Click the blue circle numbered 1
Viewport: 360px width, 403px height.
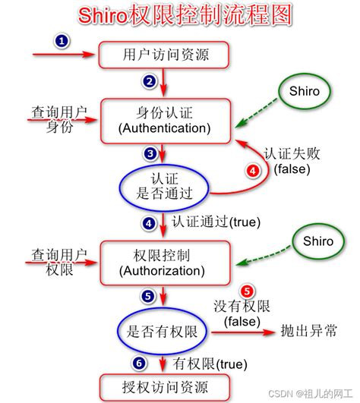click(62, 41)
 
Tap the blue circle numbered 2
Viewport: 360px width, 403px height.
click(150, 82)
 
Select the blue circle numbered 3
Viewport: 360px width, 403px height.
click(150, 154)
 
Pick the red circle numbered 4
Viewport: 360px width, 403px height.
click(253, 171)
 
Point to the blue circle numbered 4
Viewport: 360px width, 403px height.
click(149, 223)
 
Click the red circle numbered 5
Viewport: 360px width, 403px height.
click(247, 291)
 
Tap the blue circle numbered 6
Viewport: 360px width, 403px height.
click(139, 364)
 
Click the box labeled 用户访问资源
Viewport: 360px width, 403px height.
click(164, 55)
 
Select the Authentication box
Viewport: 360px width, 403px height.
click(166, 121)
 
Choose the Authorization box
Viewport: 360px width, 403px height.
click(165, 263)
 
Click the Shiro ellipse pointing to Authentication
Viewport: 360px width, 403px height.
click(305, 91)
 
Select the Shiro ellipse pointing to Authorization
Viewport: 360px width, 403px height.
click(318, 241)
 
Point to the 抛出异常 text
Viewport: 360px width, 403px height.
click(309, 331)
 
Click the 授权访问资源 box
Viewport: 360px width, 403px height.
click(165, 388)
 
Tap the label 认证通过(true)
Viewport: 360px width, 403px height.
click(216, 222)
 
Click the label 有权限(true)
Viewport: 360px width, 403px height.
click(210, 364)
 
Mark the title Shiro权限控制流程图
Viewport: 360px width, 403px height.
click(185, 15)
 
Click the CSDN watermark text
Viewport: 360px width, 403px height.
click(311, 394)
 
